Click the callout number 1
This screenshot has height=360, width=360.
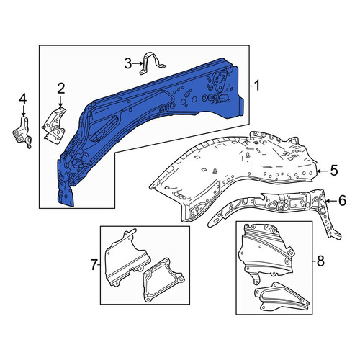tap(256, 86)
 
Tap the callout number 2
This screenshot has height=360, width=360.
tap(60, 89)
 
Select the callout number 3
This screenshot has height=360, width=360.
tap(128, 64)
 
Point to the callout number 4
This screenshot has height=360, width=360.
tap(23, 99)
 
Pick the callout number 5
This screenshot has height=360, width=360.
tap(334, 171)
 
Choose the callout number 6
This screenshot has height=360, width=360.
tap(342, 201)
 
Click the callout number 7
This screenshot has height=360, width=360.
tap(94, 265)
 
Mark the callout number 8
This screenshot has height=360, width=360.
tap(320, 261)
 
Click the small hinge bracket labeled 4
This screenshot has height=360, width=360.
tap(22, 132)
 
